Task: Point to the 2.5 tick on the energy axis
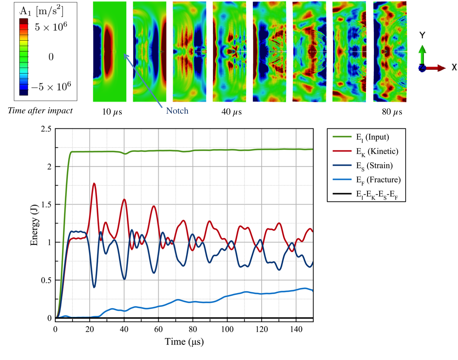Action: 46,129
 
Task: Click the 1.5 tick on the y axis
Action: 46,205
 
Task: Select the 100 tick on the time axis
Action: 227,329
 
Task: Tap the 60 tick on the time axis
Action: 158,329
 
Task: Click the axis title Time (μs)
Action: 184,342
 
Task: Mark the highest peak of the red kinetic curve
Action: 94,183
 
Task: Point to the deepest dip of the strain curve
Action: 94,287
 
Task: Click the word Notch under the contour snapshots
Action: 177,111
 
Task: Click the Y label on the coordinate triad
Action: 422,35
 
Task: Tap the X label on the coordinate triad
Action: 454,67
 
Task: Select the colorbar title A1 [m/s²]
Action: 42,12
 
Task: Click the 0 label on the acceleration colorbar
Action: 51,57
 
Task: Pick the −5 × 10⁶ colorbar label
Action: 52,87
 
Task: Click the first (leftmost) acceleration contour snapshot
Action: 110,52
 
